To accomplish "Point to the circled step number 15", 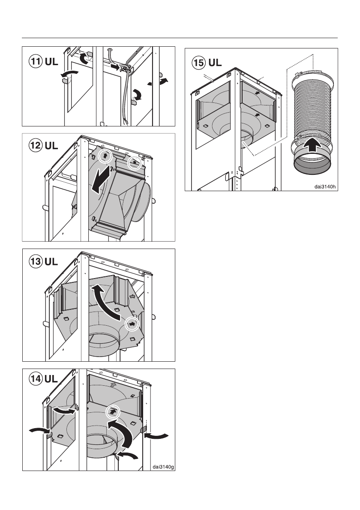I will click(198, 63).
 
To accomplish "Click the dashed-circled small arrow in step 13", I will click(133, 324).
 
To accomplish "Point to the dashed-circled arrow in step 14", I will click(114, 411).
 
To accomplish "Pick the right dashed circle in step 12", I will click(135, 163).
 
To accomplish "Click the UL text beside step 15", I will click(215, 63).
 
